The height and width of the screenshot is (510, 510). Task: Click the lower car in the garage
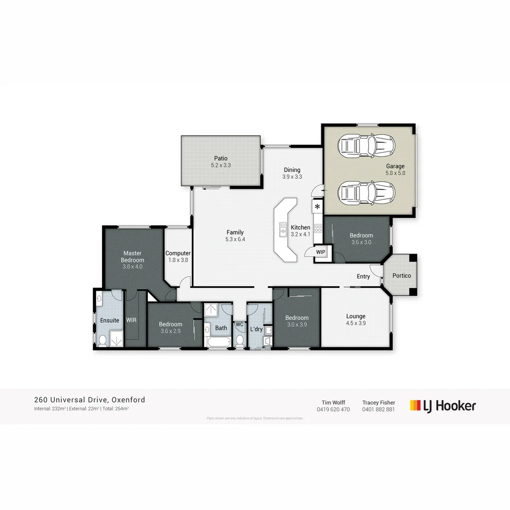coord(366,191)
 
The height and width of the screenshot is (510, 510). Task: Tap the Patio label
coord(221,159)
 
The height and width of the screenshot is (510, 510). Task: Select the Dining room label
coord(292,170)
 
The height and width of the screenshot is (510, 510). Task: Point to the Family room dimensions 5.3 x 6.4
coord(235,239)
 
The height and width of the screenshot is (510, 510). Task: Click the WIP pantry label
coord(321,252)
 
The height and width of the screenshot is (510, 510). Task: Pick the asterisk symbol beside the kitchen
coord(317,207)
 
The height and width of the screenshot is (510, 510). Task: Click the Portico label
coord(401,276)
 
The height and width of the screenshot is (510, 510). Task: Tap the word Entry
coord(363,277)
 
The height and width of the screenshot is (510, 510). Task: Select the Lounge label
coord(356,316)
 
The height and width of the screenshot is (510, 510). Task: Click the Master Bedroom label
coord(132,256)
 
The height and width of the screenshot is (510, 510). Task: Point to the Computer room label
coord(178,254)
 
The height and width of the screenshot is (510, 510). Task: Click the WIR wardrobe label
coord(131,320)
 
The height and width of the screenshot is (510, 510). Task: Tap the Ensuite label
coord(110,320)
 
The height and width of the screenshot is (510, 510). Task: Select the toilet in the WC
coord(240,341)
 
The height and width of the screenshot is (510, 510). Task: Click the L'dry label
coord(256,329)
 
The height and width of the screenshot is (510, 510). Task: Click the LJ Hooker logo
coord(442,406)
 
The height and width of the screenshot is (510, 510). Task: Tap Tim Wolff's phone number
coord(333,409)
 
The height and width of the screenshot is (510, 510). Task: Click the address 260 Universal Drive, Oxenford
coord(90,400)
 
